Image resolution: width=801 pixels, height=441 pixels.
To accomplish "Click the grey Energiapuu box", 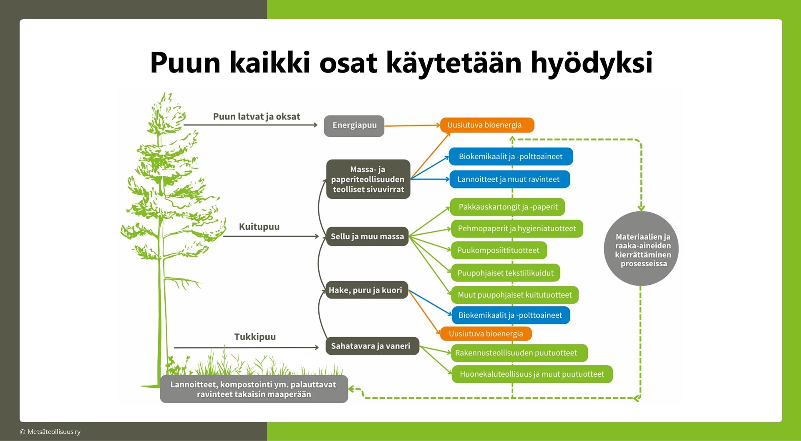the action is (354, 126).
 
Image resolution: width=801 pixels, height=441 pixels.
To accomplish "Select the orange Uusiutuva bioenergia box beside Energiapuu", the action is (487, 125).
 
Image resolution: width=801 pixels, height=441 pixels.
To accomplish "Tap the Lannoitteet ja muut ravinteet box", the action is (509, 179).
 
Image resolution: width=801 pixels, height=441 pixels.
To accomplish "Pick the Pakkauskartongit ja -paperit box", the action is (508, 207).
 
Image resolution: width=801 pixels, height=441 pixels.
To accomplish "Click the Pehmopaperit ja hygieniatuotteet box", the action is (517, 228).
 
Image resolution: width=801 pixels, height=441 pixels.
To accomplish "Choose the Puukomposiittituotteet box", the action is (499, 250).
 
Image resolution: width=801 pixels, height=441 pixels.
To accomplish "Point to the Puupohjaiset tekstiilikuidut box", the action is (505, 273).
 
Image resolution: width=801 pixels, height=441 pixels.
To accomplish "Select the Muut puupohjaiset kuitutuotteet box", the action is (515, 295).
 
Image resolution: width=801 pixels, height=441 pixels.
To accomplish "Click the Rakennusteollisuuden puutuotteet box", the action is (519, 353).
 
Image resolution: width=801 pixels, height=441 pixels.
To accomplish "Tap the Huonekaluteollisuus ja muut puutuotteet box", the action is (532, 374).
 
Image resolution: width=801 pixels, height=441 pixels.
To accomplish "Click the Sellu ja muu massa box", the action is (367, 236).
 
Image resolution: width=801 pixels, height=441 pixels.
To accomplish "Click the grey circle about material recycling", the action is (641, 249).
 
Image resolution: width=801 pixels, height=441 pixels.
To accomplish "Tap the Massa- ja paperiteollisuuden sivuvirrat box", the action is (368, 179).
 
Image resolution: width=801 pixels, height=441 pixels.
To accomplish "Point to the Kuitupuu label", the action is (259, 227).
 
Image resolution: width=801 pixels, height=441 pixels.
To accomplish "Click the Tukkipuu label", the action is (255, 337).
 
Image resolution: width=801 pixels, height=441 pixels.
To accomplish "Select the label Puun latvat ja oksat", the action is (257, 117).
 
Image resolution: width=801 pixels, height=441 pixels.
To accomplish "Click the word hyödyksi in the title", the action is (592, 63).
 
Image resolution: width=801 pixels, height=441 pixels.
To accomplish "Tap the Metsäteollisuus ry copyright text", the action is (50, 432).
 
